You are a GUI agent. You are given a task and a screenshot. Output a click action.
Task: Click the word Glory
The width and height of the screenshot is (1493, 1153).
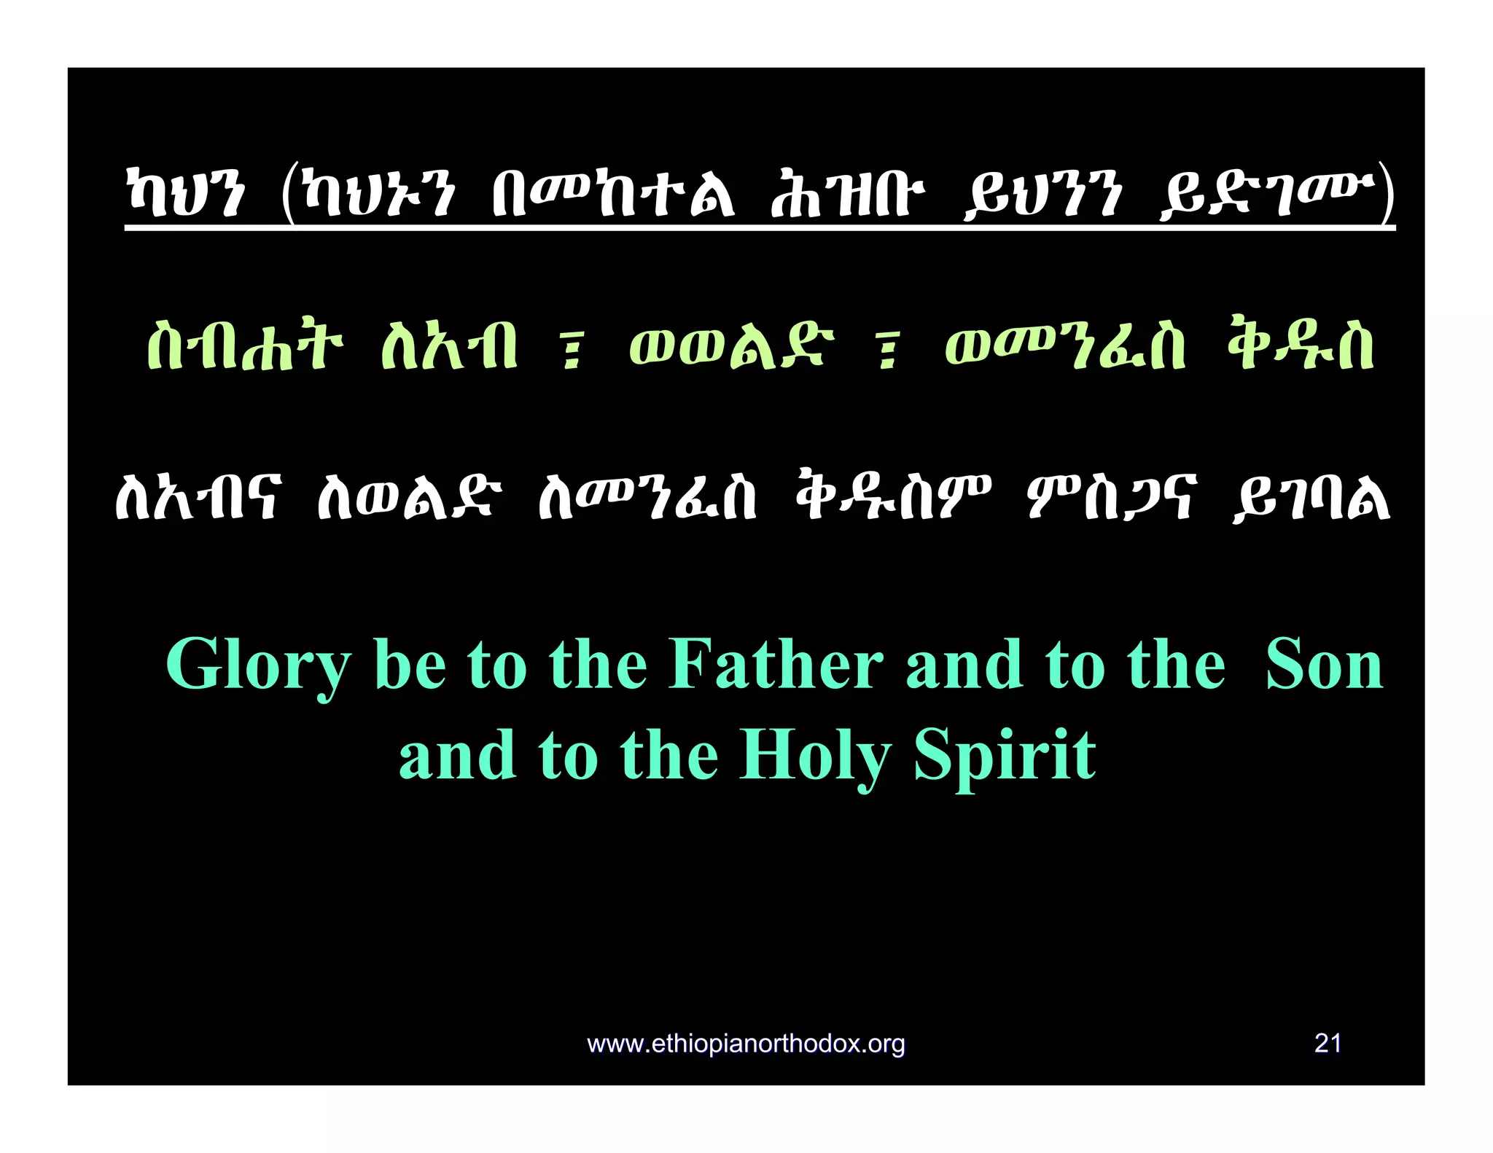click(x=259, y=665)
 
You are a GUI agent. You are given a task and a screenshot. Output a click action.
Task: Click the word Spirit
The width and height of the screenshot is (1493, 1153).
click(x=1005, y=757)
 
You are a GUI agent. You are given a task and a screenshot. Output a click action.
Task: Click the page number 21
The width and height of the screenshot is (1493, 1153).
click(x=1328, y=1044)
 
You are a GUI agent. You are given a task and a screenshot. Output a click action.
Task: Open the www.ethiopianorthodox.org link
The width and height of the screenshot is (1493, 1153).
click(x=746, y=1044)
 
